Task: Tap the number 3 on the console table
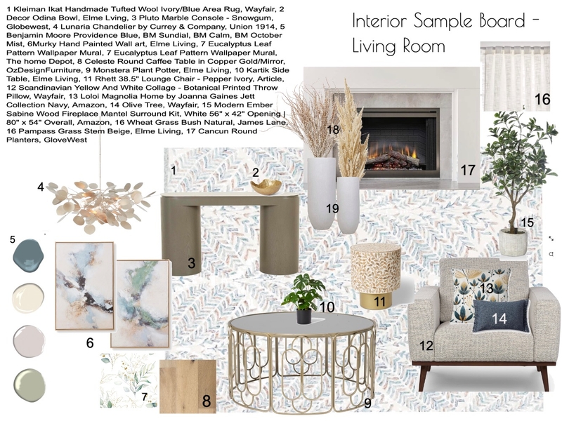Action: click(191, 265)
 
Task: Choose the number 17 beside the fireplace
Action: click(468, 171)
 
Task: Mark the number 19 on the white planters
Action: click(332, 208)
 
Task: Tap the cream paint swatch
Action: click(29, 295)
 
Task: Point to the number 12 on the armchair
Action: click(426, 345)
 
